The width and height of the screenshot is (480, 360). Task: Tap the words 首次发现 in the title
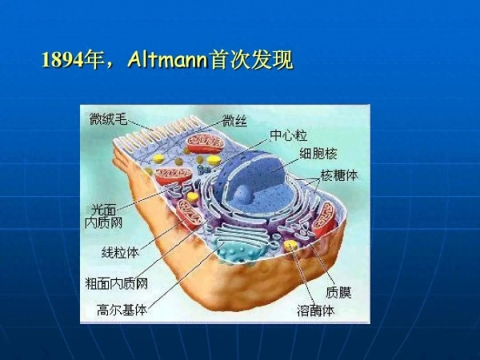(x=250, y=61)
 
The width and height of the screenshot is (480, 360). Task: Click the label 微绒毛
(x=108, y=120)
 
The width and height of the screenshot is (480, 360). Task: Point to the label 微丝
(x=235, y=121)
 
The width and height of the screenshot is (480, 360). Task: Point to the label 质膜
(x=338, y=292)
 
